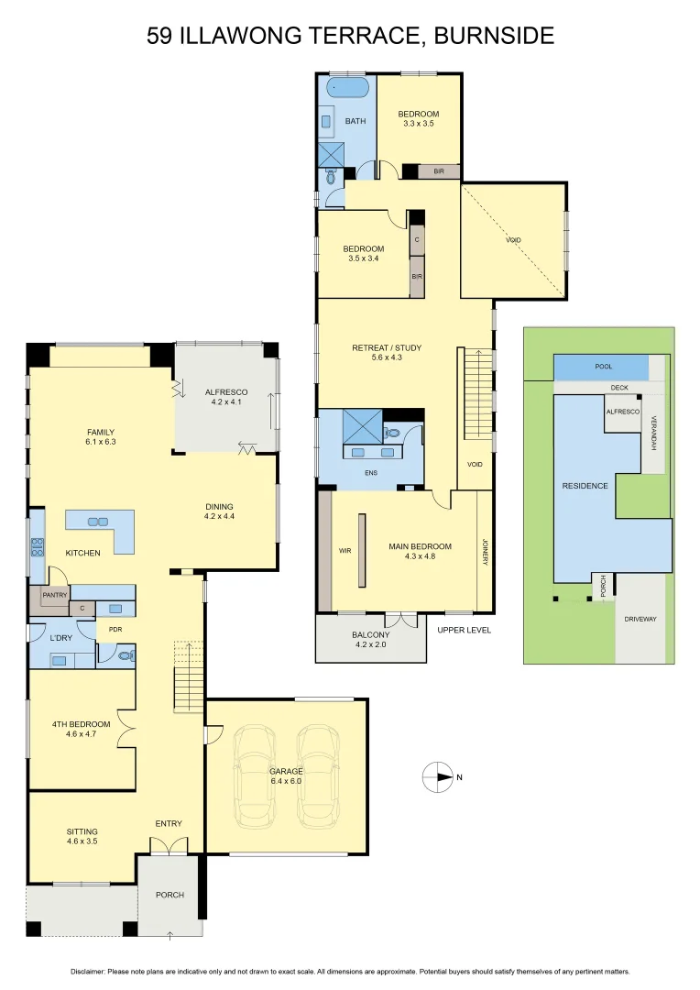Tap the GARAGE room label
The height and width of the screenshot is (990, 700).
(285, 771)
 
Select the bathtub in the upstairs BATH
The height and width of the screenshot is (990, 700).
(347, 90)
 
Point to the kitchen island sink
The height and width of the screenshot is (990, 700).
(97, 522)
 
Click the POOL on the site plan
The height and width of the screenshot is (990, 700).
(602, 367)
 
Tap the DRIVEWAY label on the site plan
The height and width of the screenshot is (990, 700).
(640, 619)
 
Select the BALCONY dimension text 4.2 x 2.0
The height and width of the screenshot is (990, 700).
(370, 645)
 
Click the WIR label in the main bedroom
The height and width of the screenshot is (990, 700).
(345, 551)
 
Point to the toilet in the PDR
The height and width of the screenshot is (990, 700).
(125, 655)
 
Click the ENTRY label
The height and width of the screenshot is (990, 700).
(168, 823)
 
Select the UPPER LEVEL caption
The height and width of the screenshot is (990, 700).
(464, 630)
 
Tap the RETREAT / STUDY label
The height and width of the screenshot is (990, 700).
(387, 347)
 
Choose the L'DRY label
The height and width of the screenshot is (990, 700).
(60, 637)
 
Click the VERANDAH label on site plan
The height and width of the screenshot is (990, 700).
(653, 431)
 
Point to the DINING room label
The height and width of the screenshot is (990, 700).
(219, 506)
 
